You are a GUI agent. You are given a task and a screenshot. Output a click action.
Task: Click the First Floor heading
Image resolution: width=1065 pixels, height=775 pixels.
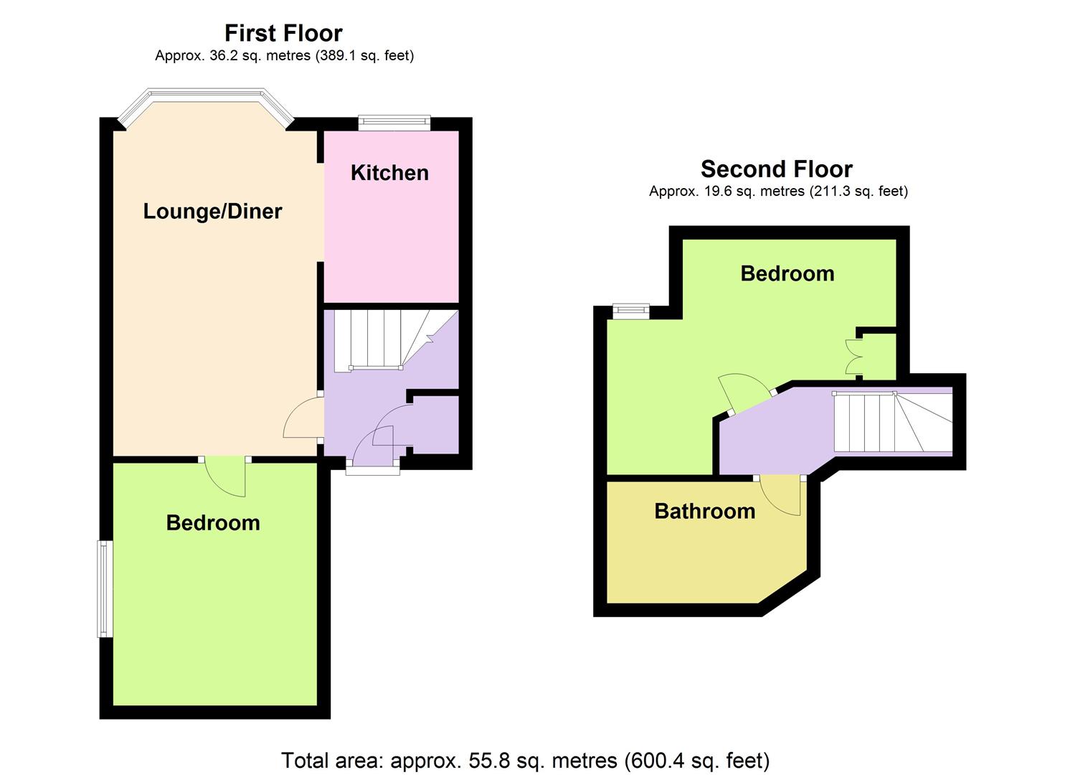(x=283, y=33)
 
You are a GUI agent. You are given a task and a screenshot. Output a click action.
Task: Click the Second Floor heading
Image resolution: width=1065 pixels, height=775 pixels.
(x=776, y=169)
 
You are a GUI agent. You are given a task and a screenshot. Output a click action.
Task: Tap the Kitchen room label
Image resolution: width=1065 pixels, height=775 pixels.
(x=389, y=173)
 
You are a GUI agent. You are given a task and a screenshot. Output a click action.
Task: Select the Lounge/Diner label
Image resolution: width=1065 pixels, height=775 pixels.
(x=212, y=211)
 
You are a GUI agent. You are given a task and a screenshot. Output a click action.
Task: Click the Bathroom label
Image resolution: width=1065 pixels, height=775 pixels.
(x=704, y=511)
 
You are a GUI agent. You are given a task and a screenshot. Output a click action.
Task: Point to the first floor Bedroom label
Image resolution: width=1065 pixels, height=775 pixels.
(x=213, y=522)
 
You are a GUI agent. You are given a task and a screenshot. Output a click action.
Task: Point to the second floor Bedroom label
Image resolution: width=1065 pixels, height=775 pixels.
(x=787, y=273)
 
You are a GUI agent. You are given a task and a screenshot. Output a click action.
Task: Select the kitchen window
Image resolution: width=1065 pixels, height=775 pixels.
(x=394, y=123)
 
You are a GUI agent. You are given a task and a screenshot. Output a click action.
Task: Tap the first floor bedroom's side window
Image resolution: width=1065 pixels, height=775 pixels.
(x=105, y=588)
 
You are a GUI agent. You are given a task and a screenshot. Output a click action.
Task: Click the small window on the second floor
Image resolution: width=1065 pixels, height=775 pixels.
(x=631, y=310)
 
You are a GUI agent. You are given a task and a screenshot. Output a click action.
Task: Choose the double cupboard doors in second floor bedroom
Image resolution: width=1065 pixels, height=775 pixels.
(x=854, y=356)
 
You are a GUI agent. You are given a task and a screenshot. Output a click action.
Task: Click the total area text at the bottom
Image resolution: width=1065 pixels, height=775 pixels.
(x=525, y=760)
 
